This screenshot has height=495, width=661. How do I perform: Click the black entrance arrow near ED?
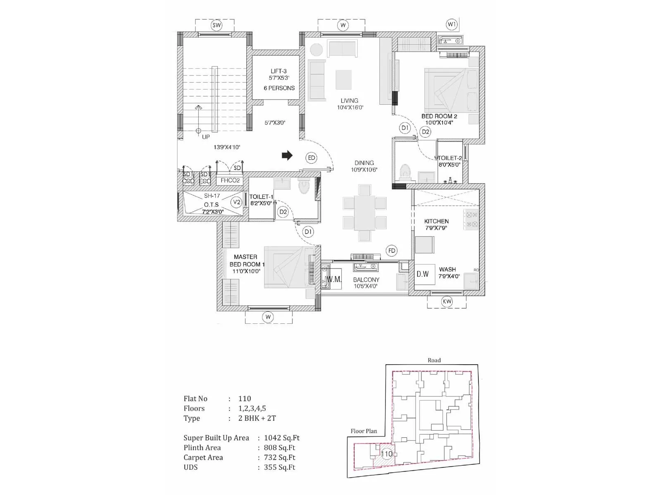tap(287, 156)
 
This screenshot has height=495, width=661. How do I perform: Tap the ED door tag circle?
tap(311, 158)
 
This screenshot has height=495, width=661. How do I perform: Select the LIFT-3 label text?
tap(278, 71)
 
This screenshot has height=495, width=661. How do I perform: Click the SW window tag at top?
tap(216, 25)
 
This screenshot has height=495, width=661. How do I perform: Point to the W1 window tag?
tap(452, 25)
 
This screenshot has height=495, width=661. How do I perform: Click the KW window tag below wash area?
tap(447, 302)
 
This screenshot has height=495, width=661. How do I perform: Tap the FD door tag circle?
tap(392, 250)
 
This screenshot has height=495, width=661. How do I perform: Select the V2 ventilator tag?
tap(236, 202)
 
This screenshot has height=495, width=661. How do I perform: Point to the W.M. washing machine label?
tap(334, 279)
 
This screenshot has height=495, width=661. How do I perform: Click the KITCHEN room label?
tap(436, 221)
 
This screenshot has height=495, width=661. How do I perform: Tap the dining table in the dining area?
tap(364, 213)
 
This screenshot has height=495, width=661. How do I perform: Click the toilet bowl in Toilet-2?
tap(405, 171)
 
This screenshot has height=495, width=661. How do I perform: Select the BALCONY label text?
tap(366, 280)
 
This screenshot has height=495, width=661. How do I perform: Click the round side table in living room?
tap(316, 49)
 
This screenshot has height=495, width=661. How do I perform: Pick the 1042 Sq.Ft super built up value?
tap(282, 438)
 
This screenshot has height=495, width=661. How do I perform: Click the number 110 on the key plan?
tap(387, 454)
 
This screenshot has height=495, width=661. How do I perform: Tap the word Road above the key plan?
tap(434, 360)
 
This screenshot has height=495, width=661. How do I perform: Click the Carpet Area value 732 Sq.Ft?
tap(280, 457)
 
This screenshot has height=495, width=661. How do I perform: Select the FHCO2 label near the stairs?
tap(230, 180)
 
